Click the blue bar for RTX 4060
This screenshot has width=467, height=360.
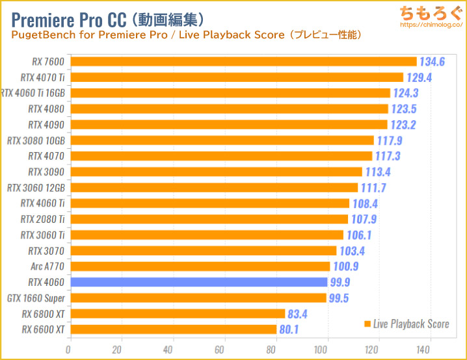point(198,282)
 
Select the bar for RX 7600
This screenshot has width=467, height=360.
point(243,62)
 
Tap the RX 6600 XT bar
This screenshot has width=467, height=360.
point(173,329)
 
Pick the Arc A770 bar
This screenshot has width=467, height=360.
point(200,266)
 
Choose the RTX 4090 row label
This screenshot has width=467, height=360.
point(47,125)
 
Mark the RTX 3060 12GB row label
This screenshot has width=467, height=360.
point(36,188)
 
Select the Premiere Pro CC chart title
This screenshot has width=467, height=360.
point(108,16)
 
